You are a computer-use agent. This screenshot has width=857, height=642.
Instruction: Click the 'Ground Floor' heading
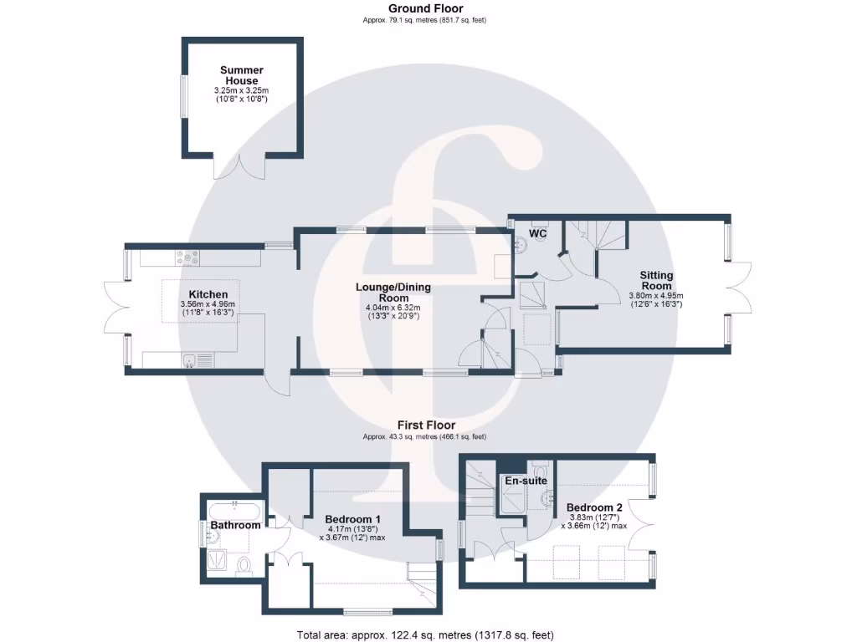tap(425, 8)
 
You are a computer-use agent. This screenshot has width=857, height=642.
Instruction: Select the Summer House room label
tap(242, 75)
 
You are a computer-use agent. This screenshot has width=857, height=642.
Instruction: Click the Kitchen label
tap(208, 294)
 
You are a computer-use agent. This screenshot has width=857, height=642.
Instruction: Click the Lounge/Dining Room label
tap(393, 293)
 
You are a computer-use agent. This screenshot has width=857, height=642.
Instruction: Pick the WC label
tap(538, 234)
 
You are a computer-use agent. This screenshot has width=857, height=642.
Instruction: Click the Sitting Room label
tap(656, 281)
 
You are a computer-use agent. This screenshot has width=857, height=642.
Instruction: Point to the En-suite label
tap(525, 481)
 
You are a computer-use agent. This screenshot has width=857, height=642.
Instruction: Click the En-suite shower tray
tap(511, 500)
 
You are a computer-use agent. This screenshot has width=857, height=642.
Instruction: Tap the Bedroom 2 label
tap(594, 507)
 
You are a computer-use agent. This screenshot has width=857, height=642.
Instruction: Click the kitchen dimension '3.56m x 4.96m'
tap(208, 304)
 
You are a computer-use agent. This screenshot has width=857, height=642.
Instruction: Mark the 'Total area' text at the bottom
tap(425, 635)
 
